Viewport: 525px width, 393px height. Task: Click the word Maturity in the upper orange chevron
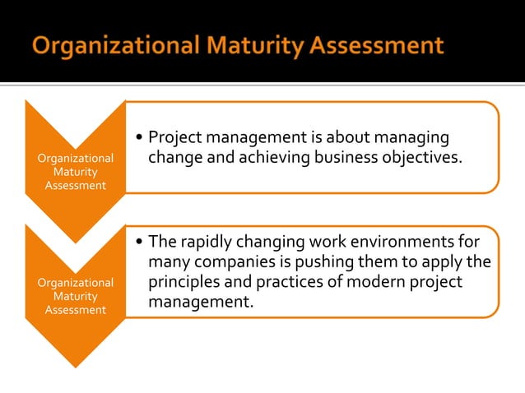pyautogui.click(x=75, y=172)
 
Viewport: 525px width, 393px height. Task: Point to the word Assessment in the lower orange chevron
pyautogui.click(x=75, y=310)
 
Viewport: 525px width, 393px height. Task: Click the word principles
pyautogui.click(x=184, y=282)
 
